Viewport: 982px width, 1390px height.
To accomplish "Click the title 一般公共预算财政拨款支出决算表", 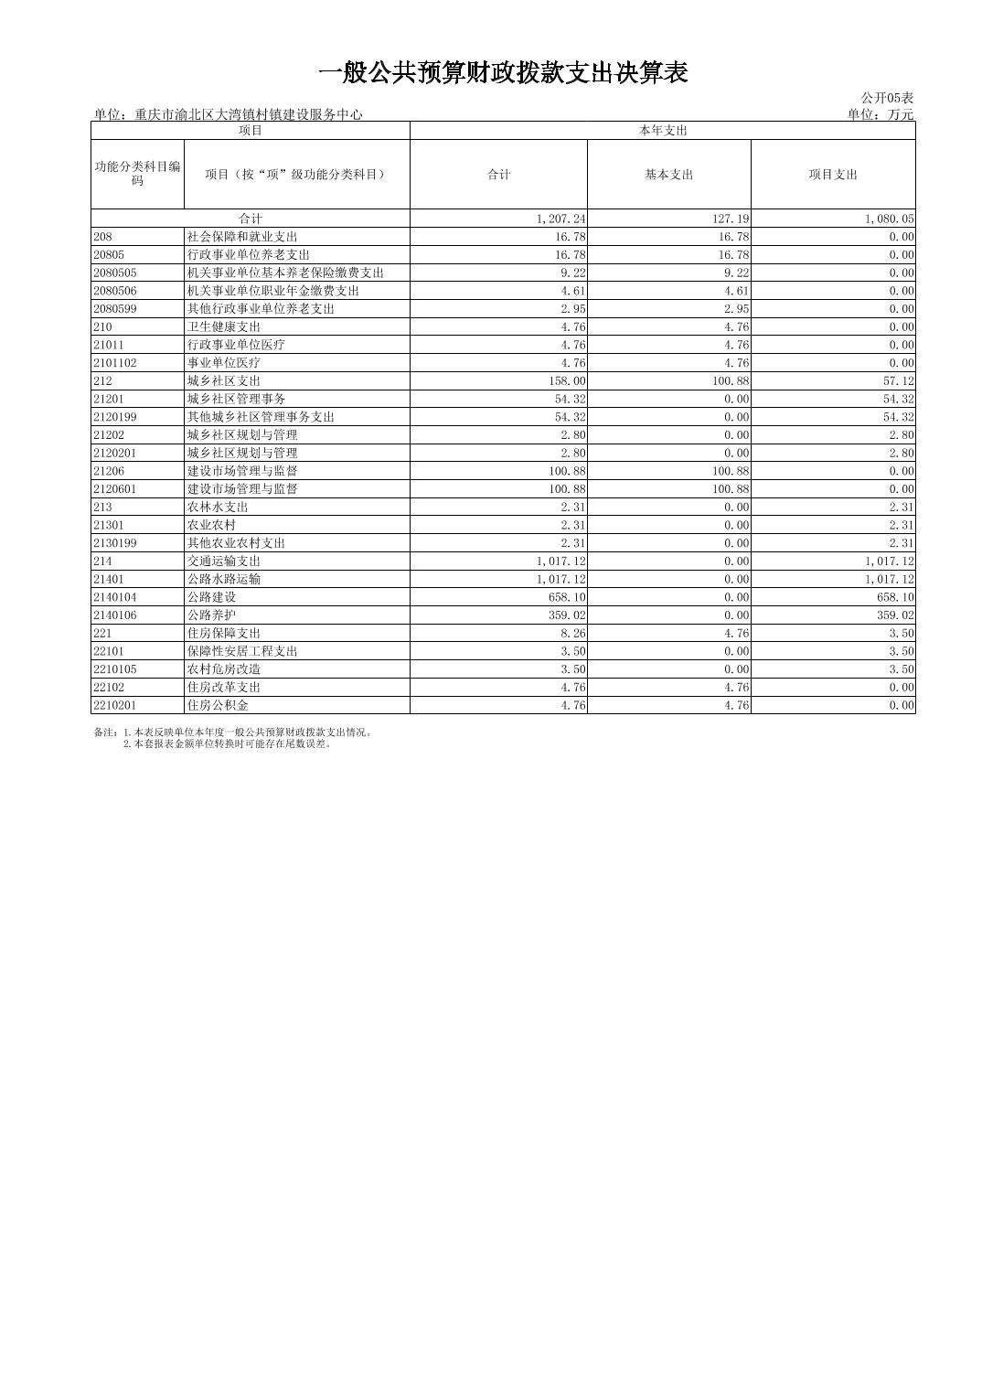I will (x=502, y=73).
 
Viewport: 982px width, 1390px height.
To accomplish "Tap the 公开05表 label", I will (x=886, y=98).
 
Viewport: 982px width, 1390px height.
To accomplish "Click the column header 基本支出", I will (x=668, y=175).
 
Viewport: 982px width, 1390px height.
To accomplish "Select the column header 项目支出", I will (x=832, y=175).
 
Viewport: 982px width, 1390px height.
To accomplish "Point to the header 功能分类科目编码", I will (x=137, y=174).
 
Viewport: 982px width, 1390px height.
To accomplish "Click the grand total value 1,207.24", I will (x=561, y=219).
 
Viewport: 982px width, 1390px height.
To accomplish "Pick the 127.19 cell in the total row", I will (x=731, y=219).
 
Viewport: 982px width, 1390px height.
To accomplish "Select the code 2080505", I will (x=114, y=273).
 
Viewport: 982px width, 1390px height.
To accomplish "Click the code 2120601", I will (x=114, y=489).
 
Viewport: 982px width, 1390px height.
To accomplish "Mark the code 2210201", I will (x=114, y=705).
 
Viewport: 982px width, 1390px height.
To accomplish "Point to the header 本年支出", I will (x=662, y=131).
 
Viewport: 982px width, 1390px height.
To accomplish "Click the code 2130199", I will (x=114, y=543).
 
